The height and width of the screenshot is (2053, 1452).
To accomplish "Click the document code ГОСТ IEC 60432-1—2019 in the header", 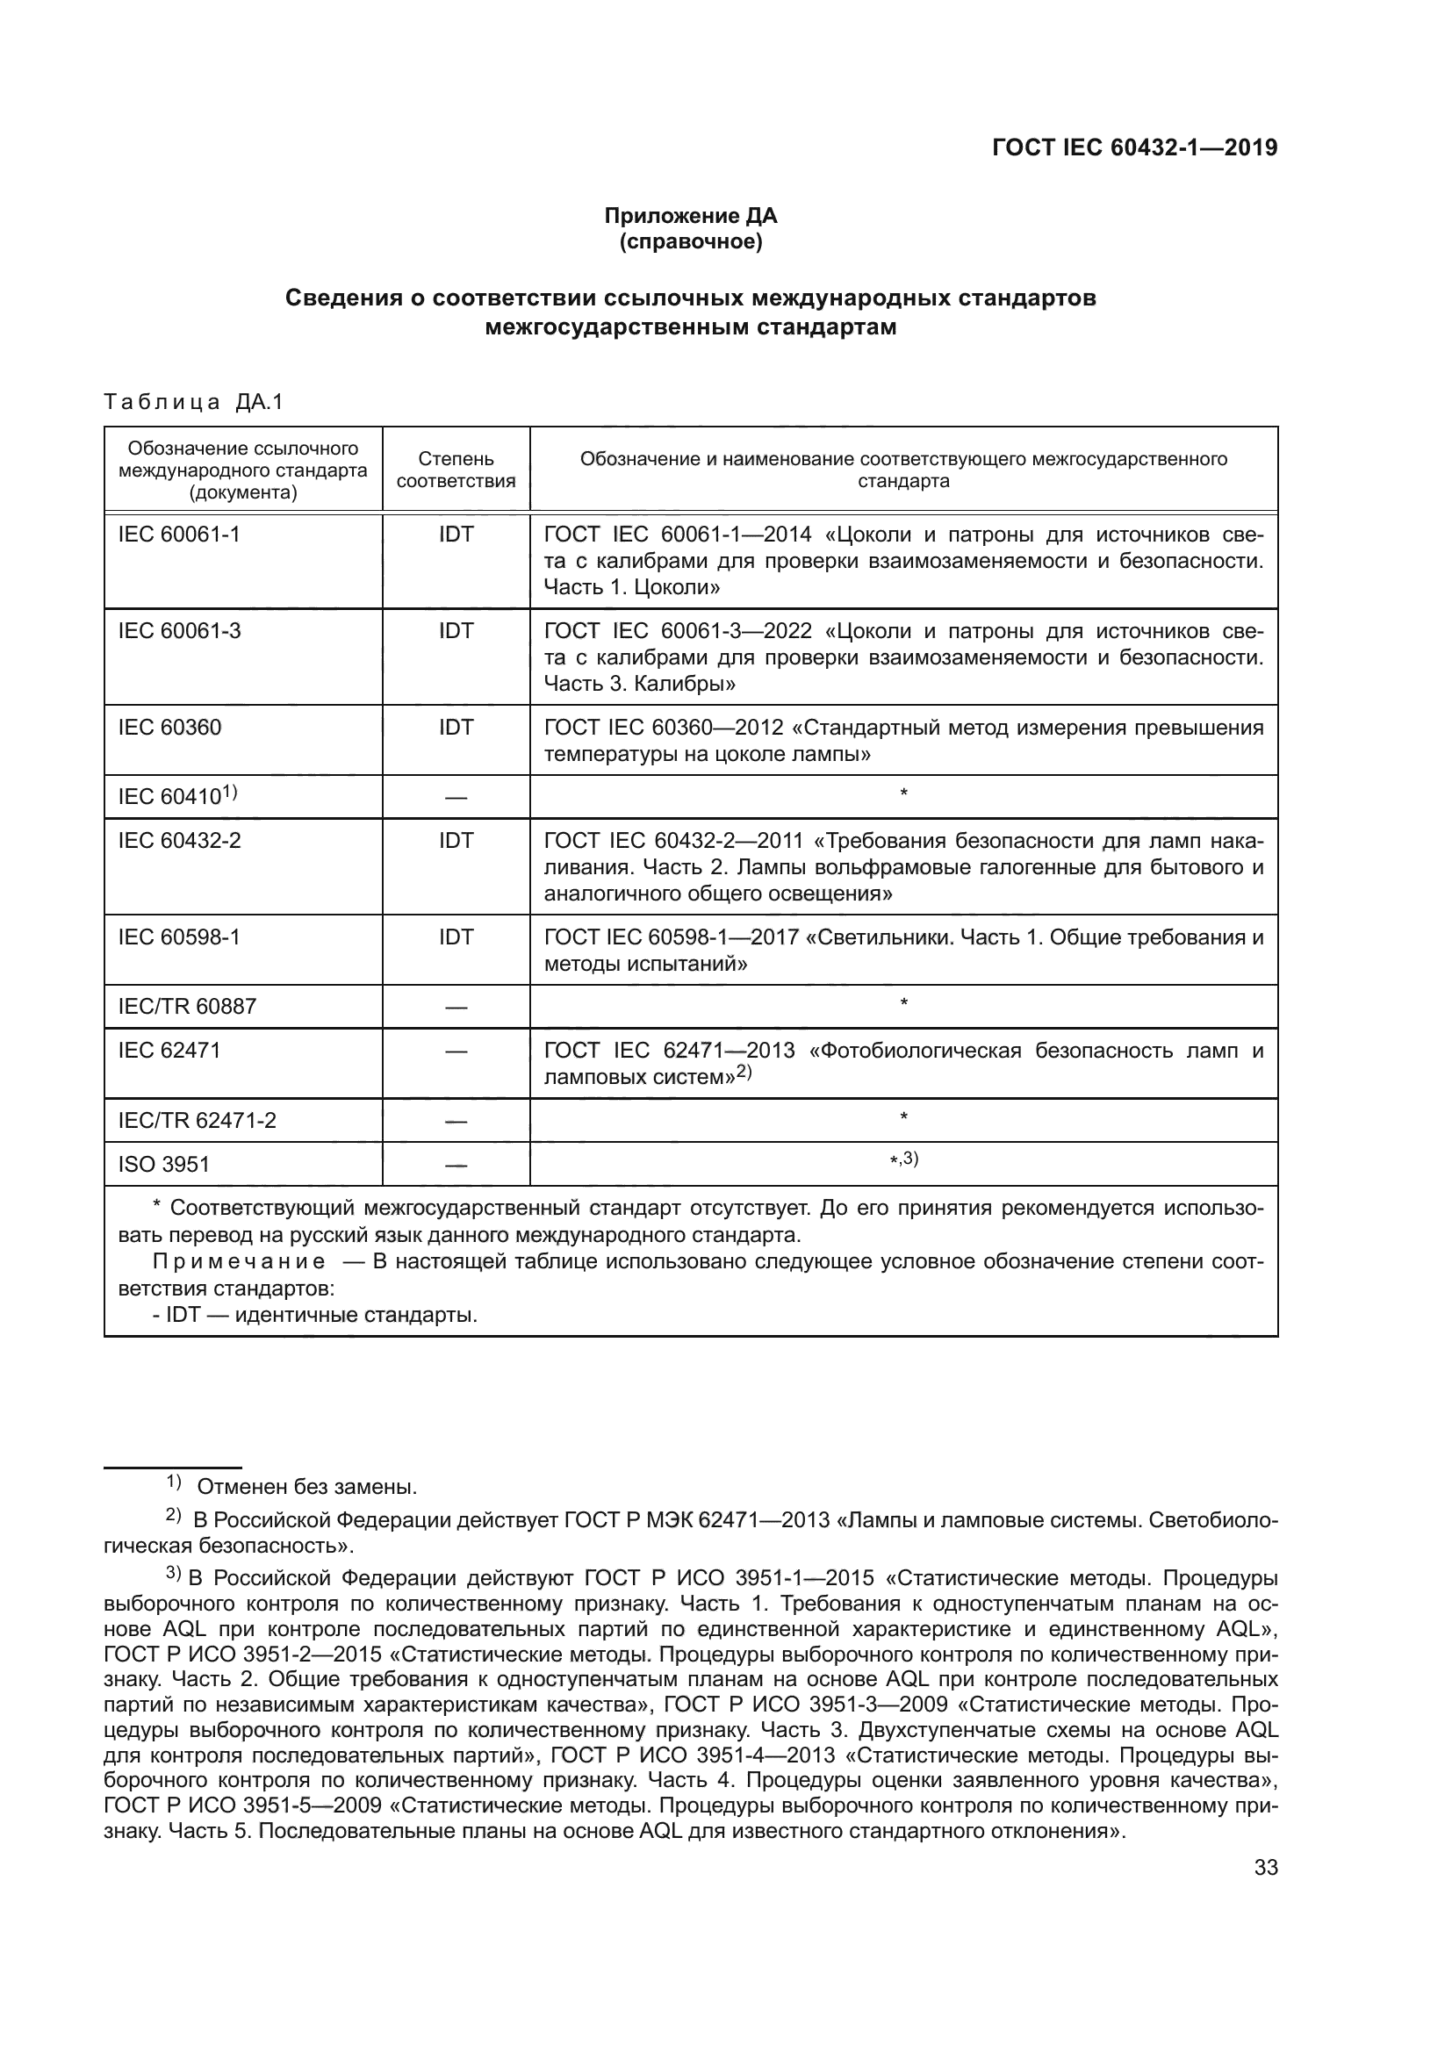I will [1133, 147].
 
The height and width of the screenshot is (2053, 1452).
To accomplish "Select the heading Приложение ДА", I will [690, 216].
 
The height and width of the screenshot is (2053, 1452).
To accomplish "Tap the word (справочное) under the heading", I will [690, 241].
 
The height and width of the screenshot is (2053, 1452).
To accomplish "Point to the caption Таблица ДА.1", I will [193, 402].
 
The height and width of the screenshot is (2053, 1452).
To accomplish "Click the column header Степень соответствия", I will [456, 470].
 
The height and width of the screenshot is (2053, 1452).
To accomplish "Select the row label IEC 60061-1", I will [179, 535].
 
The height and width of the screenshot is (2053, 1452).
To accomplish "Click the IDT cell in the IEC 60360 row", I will [456, 728].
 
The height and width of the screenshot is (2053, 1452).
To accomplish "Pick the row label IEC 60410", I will [176, 797].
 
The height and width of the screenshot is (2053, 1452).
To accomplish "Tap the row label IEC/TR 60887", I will [187, 1007].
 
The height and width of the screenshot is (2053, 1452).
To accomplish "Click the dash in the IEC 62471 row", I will [456, 1052].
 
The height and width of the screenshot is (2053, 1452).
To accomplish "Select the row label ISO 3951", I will [163, 1164].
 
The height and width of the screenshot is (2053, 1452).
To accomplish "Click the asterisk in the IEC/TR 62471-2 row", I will [904, 1117].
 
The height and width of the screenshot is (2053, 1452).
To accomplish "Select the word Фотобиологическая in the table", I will [920, 1051].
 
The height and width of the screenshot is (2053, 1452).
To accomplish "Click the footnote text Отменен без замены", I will [306, 1487].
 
